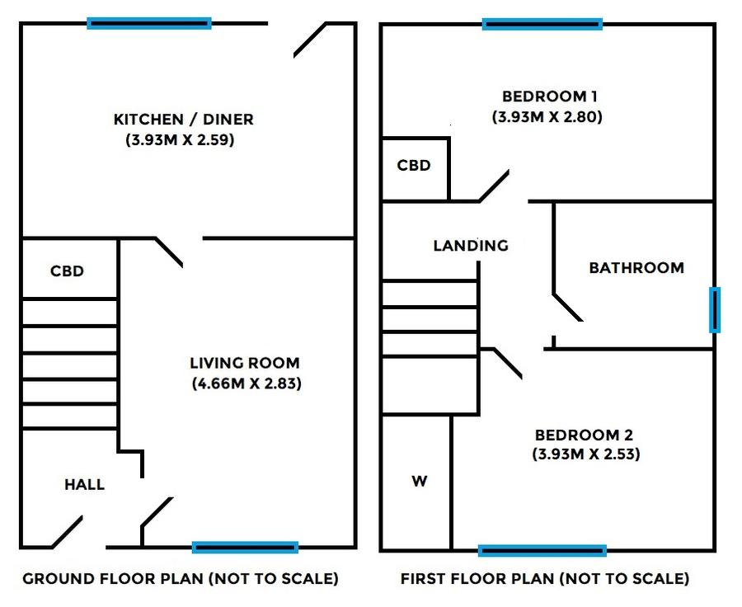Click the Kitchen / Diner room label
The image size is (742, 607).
pyautogui.click(x=184, y=119)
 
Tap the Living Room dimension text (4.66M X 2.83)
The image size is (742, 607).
pyautogui.click(x=247, y=383)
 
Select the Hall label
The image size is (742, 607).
pyautogui.click(x=84, y=484)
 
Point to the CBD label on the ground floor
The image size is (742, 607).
pyautogui.click(x=68, y=271)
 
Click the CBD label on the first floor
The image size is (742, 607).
pyautogui.click(x=414, y=165)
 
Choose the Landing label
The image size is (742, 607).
pyautogui.click(x=471, y=245)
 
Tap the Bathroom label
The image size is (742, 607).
pyautogui.click(x=636, y=267)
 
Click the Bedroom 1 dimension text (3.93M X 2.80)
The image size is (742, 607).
pyautogui.click(x=547, y=116)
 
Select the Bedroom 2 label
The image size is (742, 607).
pyautogui.click(x=584, y=435)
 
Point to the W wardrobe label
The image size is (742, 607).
pyautogui.click(x=420, y=481)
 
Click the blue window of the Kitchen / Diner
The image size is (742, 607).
pyautogui.click(x=149, y=23)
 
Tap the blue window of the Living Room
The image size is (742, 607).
pyautogui.click(x=245, y=548)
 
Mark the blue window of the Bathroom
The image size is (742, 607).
pyautogui.click(x=715, y=309)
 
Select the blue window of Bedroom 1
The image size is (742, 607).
pyautogui.click(x=542, y=24)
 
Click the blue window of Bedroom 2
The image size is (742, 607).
pyautogui.click(x=542, y=551)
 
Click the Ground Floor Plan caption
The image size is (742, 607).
pyautogui.click(x=181, y=579)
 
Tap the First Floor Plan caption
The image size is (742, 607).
pyautogui.click(x=545, y=579)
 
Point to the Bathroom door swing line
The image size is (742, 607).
pyautogui.click(x=568, y=308)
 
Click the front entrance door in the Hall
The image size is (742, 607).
pyautogui.click(x=68, y=532)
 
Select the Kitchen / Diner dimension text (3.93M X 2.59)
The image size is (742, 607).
pyautogui.click(x=180, y=140)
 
